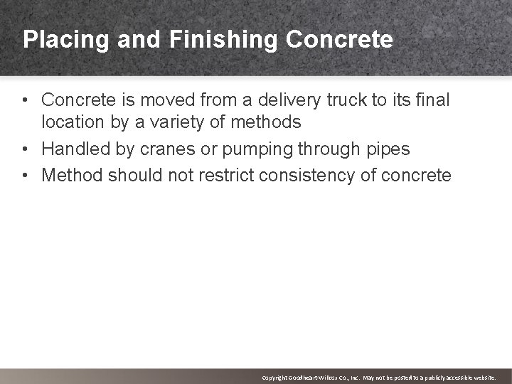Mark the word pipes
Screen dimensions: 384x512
click(386, 149)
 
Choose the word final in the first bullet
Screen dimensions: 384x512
click(433, 100)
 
